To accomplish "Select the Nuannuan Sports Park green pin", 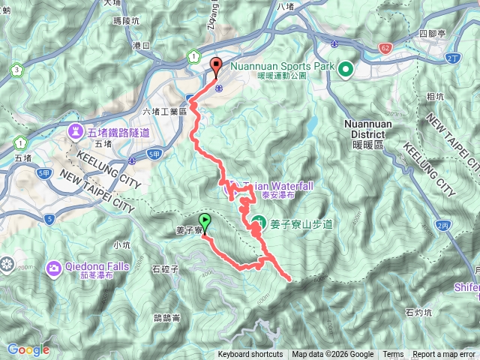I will point(346,71).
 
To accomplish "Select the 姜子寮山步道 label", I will point(301,223).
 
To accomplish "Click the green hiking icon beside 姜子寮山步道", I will point(257,223).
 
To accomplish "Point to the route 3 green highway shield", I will point(16,70).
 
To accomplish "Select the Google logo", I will point(28,349).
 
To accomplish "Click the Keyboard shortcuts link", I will point(250,355).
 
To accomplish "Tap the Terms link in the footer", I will point(393,355).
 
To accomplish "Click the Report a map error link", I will point(445,355).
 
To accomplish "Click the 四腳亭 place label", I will point(433,34).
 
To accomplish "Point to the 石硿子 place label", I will point(164,268).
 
